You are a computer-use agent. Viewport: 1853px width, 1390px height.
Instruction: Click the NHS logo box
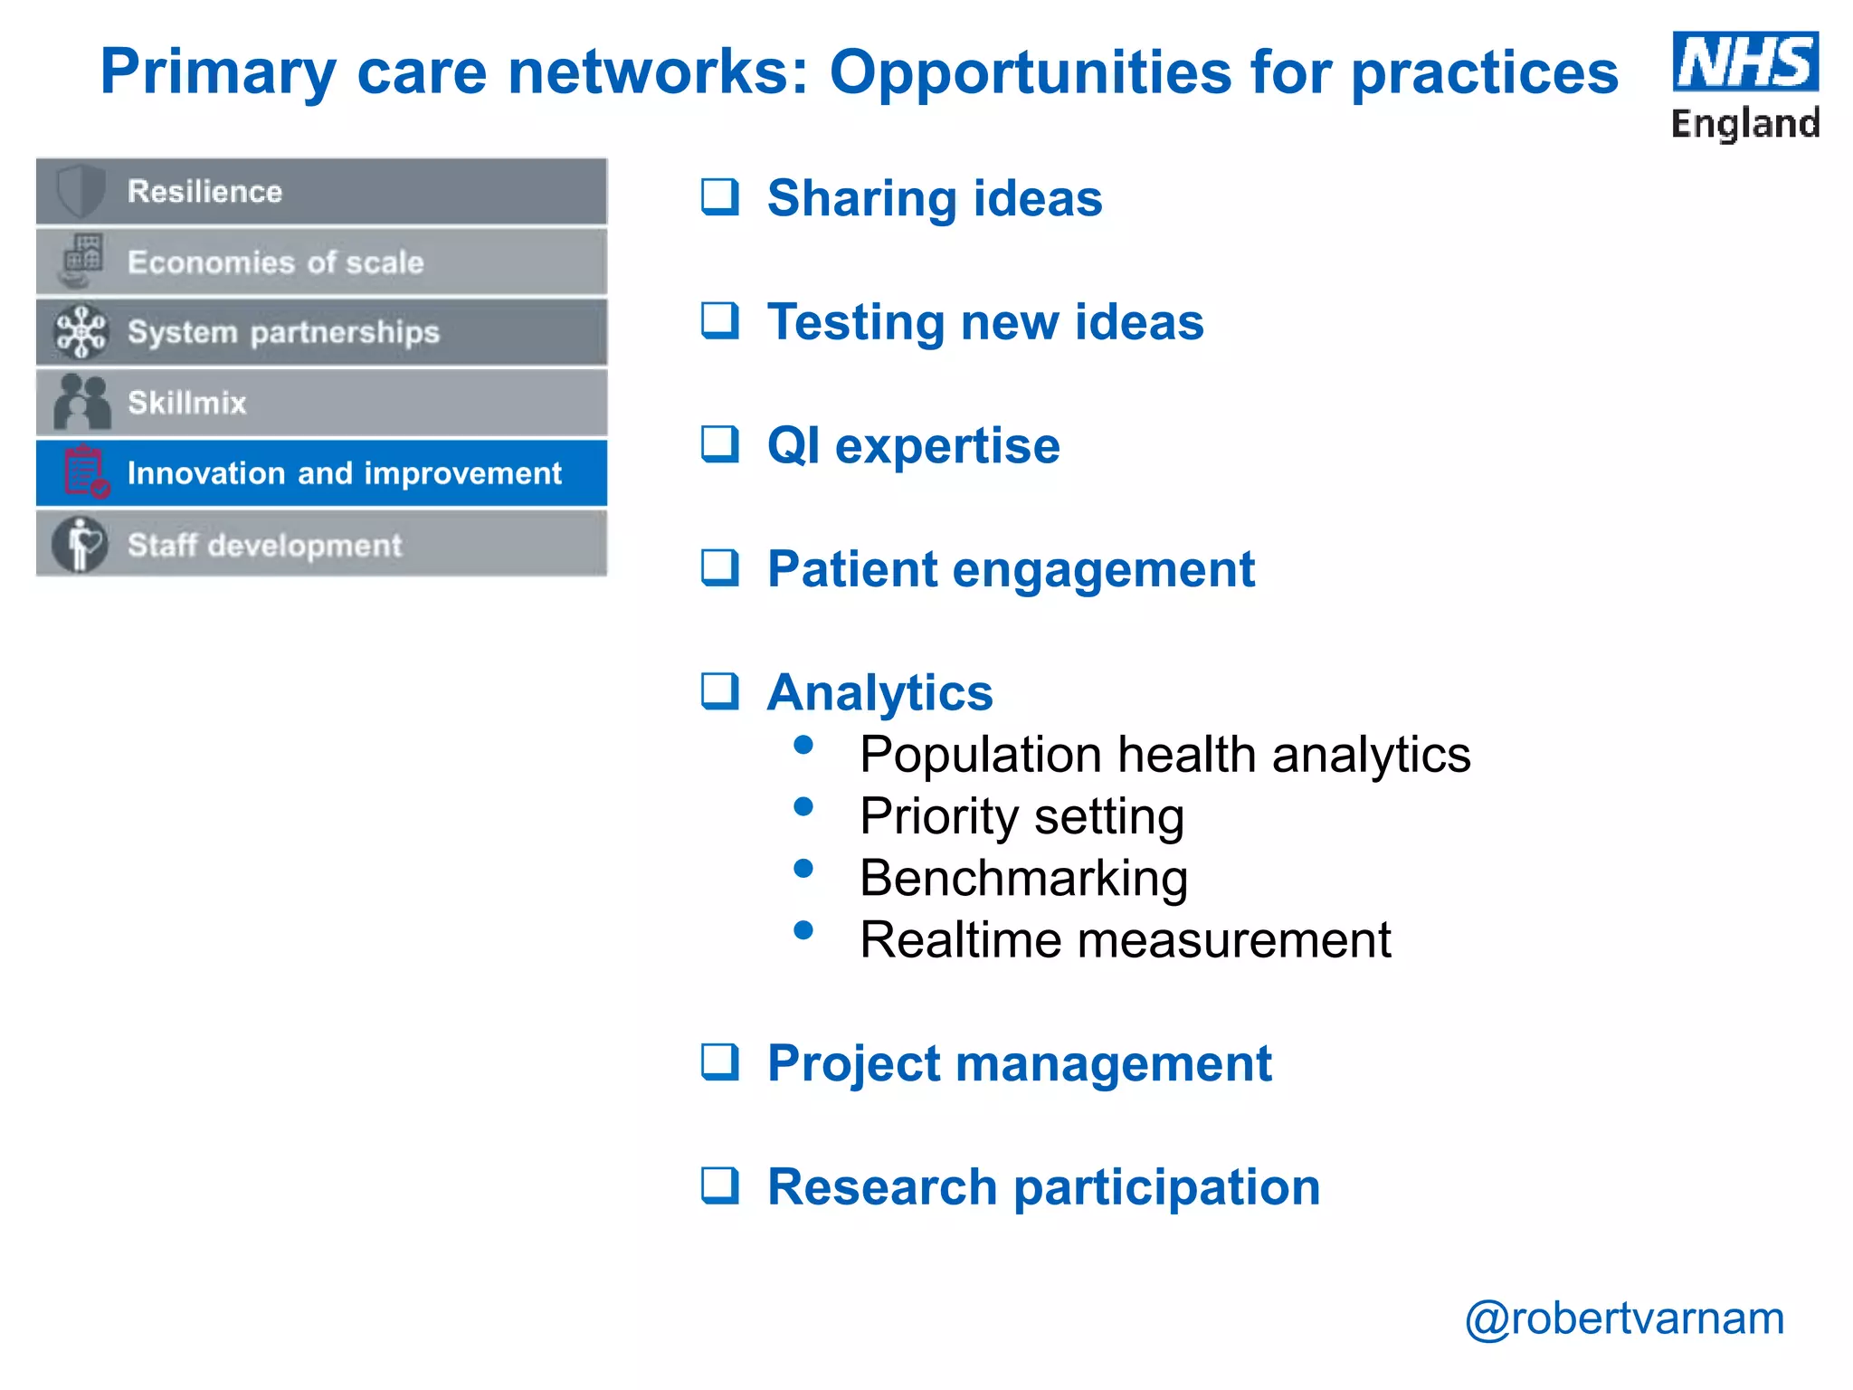click(x=1744, y=62)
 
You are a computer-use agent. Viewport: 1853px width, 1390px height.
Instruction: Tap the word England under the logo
click(x=1744, y=123)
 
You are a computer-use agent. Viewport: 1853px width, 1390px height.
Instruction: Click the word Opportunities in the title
click(x=1030, y=72)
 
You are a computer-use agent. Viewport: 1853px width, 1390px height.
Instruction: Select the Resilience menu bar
click(x=321, y=192)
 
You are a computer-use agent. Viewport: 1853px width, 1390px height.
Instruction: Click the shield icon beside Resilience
click(x=81, y=191)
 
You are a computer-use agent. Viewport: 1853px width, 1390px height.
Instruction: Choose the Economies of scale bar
click(x=321, y=262)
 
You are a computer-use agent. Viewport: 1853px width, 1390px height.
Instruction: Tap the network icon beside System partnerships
click(x=81, y=332)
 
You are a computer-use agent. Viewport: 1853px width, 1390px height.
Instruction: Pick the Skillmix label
click(x=186, y=403)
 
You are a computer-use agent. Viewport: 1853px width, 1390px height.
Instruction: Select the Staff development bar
click(x=321, y=545)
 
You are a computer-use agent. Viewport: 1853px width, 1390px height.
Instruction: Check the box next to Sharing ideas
click(x=720, y=196)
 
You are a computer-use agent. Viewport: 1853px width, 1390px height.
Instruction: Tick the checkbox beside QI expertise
click(x=720, y=444)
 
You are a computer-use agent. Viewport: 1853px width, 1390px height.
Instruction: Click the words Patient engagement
click(x=1011, y=569)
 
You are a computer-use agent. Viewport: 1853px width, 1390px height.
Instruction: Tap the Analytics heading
click(x=879, y=692)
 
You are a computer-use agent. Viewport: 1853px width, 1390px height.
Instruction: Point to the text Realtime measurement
click(x=1125, y=939)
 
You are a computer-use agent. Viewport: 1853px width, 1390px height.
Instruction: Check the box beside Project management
click(x=720, y=1062)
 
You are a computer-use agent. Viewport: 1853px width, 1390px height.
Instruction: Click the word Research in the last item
click(x=881, y=1186)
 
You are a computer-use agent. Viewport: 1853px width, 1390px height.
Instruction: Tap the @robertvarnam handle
click(x=1624, y=1319)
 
